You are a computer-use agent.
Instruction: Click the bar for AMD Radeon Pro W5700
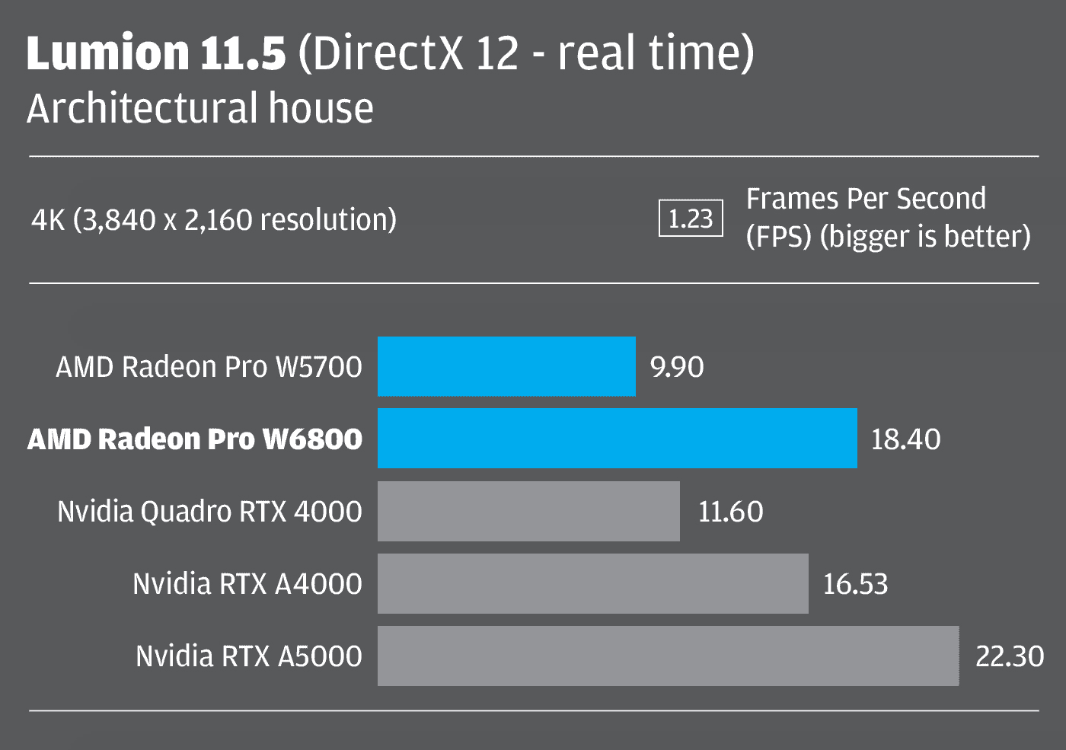point(506,366)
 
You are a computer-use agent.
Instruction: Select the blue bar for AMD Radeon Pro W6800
point(617,439)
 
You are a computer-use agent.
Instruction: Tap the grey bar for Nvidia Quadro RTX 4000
point(528,511)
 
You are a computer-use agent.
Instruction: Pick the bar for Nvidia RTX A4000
point(592,583)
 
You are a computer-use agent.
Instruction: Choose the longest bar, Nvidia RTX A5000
point(668,656)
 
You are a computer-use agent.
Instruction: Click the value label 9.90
point(677,367)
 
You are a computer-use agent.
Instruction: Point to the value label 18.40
point(905,439)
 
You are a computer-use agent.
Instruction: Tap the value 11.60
point(730,512)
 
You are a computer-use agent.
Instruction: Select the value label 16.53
point(855,584)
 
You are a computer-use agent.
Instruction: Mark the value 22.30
point(1010,656)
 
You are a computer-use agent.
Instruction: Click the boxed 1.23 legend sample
point(691,219)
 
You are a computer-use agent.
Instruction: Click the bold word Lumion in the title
point(107,53)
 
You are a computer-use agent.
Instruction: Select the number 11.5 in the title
point(243,53)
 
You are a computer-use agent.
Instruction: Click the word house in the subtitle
point(321,108)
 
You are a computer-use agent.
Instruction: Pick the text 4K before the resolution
point(48,220)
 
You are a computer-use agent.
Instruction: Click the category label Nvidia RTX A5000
point(248,656)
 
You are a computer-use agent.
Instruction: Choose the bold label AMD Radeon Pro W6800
point(195,439)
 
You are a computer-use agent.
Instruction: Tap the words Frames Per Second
point(866,199)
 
